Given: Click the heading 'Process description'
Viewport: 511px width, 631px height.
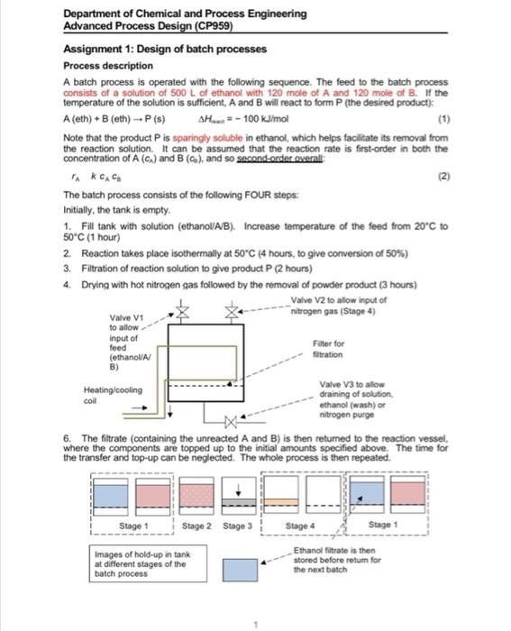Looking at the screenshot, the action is click(x=108, y=66).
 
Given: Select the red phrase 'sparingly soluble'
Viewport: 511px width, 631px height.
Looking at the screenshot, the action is click(x=207, y=138).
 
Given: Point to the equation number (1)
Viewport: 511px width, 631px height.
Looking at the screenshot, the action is click(x=443, y=119).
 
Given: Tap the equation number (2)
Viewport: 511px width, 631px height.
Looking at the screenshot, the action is click(x=443, y=177).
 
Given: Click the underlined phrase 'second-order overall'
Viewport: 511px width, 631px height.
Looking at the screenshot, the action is click(x=279, y=159).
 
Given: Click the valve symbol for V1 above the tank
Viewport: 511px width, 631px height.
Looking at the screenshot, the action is click(x=183, y=312).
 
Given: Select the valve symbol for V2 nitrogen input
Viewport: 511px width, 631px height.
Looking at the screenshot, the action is click(x=232, y=312).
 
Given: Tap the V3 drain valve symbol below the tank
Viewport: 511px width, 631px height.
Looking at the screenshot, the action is click(x=231, y=422).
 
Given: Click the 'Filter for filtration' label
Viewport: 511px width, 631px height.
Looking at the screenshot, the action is click(x=328, y=349).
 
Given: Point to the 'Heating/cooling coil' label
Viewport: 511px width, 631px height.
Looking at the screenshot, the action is click(x=113, y=395).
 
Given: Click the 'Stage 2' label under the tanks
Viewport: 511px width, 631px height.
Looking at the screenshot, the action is click(x=196, y=526).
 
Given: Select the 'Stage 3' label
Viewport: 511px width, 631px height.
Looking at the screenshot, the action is click(x=237, y=526).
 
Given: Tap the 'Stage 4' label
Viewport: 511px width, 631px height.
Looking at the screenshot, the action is click(x=300, y=526).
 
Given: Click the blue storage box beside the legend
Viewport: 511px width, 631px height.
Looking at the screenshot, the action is click(x=241, y=570).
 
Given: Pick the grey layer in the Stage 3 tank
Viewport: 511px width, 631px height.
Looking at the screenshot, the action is click(x=239, y=502).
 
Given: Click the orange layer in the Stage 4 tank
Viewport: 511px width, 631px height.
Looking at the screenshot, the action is click(x=281, y=502).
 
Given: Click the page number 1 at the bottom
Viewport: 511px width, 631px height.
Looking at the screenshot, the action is click(x=256, y=625).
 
